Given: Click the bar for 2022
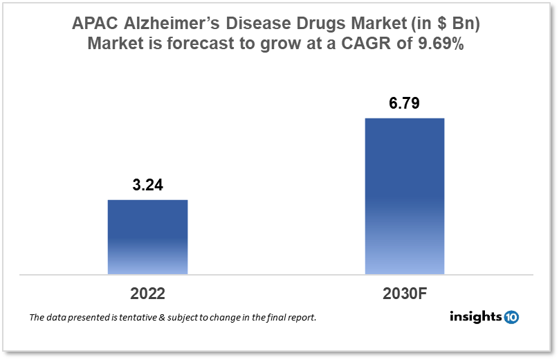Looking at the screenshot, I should coord(147,237).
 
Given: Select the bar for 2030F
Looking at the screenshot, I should coord(404,196).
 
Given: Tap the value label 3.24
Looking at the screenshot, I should coord(147,185).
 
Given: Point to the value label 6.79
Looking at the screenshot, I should coord(404,104).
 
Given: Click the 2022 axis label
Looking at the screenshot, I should coord(147,293).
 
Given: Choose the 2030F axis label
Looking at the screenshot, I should coord(405,293).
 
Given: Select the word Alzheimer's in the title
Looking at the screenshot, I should coord(178,24).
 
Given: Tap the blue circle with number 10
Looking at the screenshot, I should coord(511,317).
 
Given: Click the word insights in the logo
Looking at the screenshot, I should coord(475,317).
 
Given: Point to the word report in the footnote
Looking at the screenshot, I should coord(301,318).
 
